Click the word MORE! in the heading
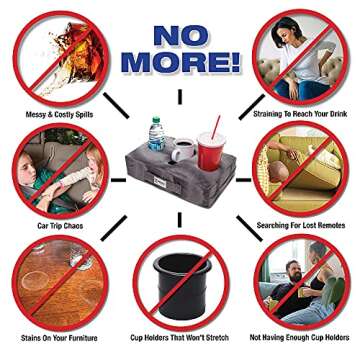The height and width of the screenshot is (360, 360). [180, 63]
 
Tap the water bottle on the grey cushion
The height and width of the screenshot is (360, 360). [156, 133]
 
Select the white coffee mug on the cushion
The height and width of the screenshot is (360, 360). [183, 149]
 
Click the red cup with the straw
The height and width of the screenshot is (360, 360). [211, 151]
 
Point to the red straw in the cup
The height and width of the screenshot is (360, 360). [216, 127]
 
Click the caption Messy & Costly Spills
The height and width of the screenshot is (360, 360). [59, 115]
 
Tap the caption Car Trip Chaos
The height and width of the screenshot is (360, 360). [60, 226]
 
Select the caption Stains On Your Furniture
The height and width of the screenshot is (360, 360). [59, 338]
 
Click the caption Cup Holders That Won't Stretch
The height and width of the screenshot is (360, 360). [179, 338]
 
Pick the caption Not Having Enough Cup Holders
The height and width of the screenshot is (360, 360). [300, 338]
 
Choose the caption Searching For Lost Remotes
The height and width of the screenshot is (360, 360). [301, 226]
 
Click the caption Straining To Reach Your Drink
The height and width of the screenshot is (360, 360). [300, 114]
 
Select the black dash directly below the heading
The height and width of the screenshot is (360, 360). [180, 96]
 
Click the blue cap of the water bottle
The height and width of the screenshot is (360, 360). [156, 119]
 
